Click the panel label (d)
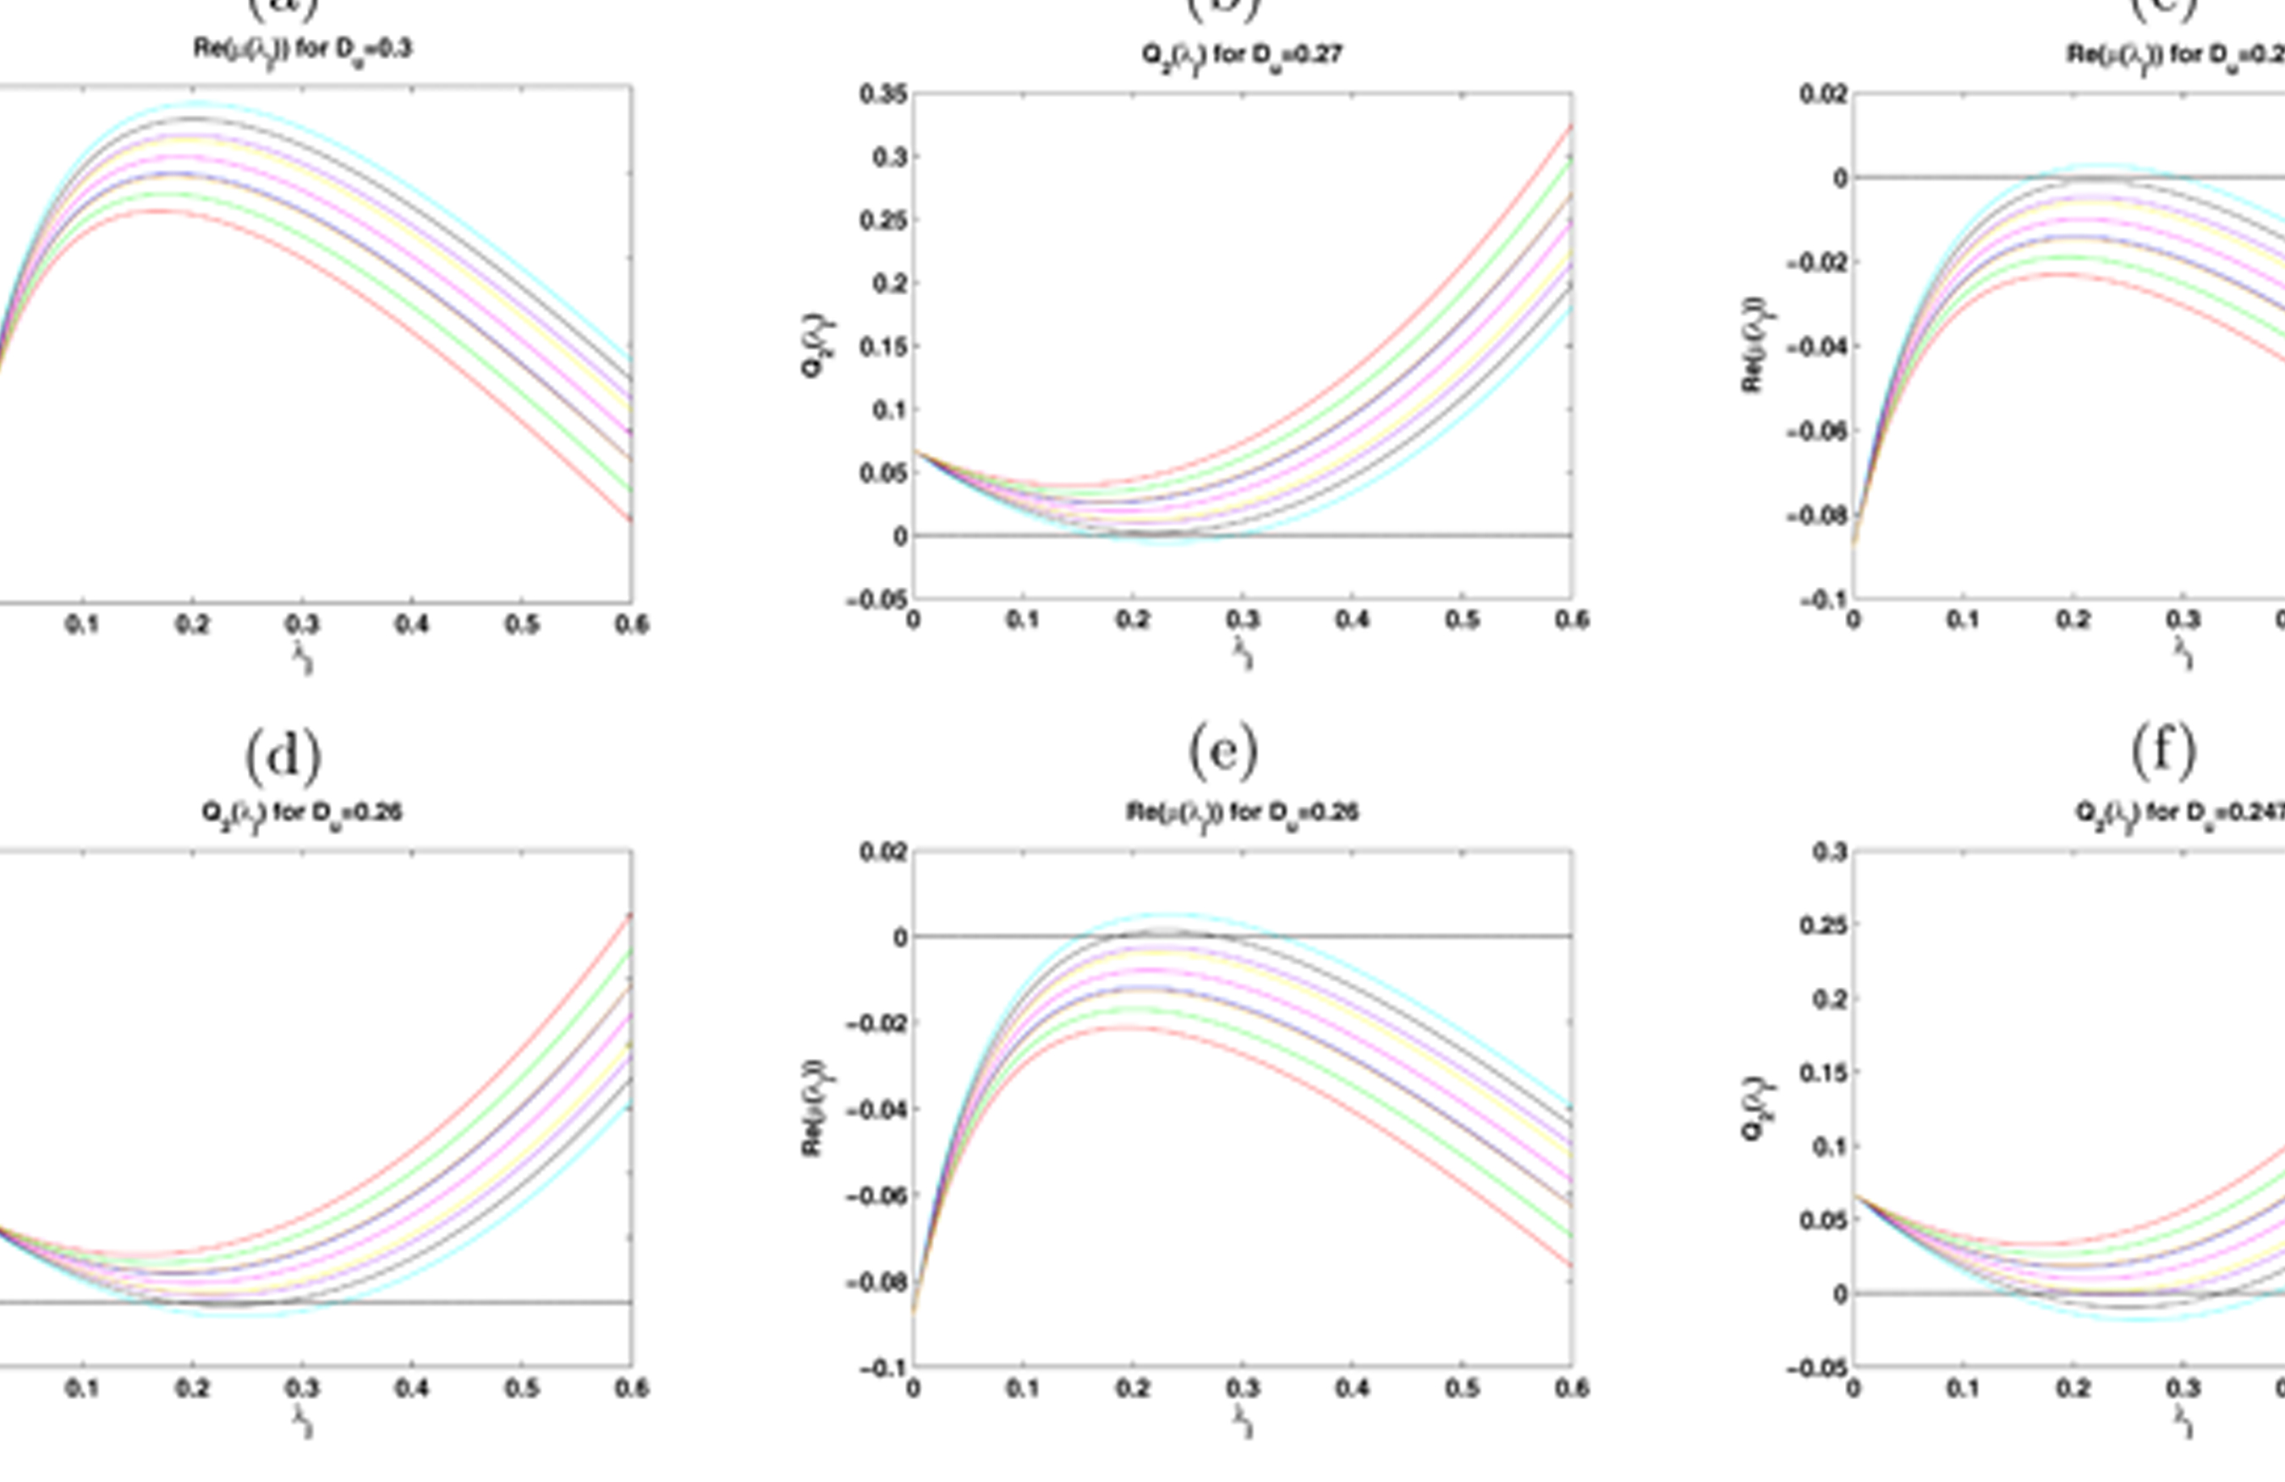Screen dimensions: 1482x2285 coord(283,756)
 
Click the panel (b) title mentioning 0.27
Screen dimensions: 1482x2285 coord(1241,56)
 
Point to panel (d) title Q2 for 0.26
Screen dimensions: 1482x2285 coord(301,814)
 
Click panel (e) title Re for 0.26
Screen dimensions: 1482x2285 coord(1241,814)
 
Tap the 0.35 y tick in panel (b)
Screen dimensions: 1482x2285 coord(883,94)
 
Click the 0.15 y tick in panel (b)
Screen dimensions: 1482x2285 coord(883,347)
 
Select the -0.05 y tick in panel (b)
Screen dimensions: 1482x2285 coord(876,600)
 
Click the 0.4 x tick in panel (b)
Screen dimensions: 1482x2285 coord(1352,621)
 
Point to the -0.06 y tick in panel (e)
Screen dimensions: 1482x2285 coord(876,1196)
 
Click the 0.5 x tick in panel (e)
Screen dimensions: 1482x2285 coord(1461,1388)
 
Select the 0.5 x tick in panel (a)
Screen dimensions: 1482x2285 coord(521,625)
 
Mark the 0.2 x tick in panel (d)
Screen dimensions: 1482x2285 coord(192,1388)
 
